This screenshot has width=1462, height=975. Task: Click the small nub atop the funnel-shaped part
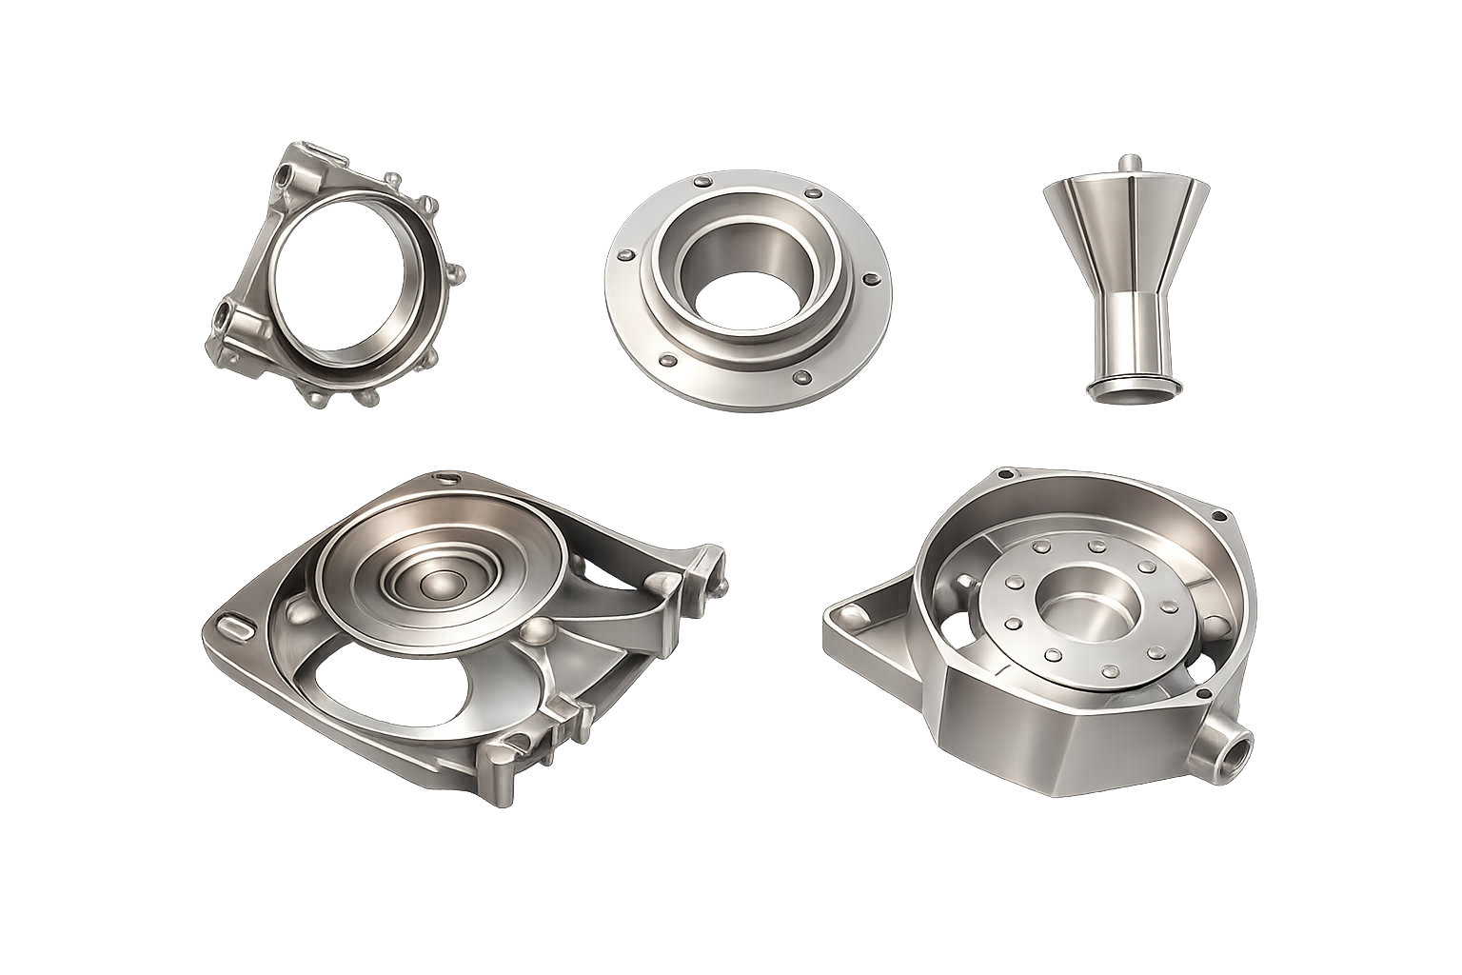coord(1128,165)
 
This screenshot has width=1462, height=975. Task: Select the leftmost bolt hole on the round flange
coord(625,255)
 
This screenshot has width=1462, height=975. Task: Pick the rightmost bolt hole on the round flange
coord(869,279)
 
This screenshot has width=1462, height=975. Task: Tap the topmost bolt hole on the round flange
coord(702,179)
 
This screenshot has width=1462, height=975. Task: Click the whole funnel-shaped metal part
coord(1133,276)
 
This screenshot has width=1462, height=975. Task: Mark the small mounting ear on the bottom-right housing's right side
coord(1219,515)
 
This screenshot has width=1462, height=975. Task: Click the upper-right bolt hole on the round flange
coord(812,193)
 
